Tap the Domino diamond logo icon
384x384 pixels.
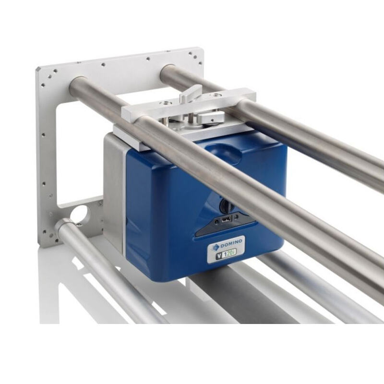click(216, 247)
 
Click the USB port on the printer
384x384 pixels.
click(226, 220)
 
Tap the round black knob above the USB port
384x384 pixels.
click(227, 205)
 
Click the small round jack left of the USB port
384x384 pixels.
click(217, 222)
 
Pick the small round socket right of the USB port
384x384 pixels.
click(236, 217)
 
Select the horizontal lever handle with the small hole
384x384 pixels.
click(211, 117)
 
